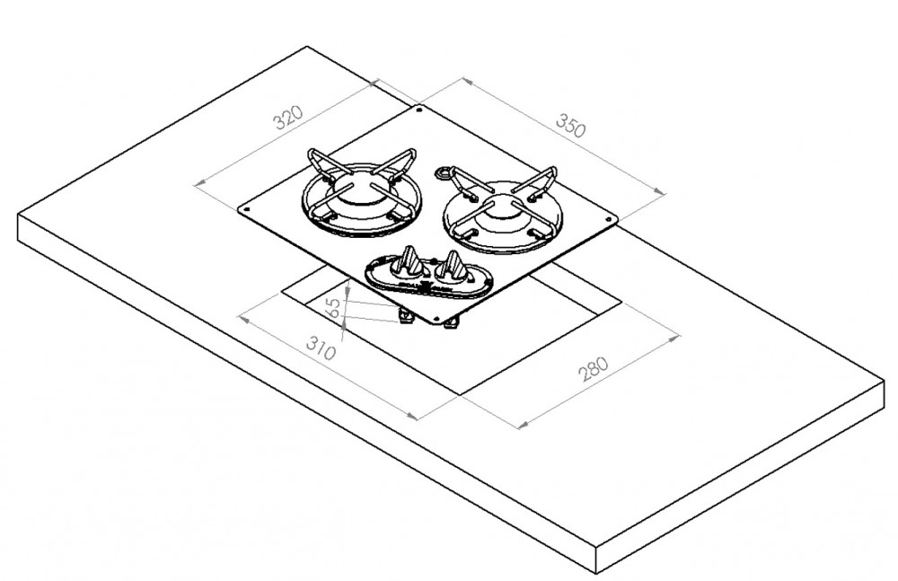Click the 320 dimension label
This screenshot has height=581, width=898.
pyautogui.click(x=288, y=117)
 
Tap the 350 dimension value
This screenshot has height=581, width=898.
pyautogui.click(x=571, y=126)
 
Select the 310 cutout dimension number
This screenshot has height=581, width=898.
pyautogui.click(x=321, y=348)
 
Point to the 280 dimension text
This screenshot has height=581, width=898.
pyautogui.click(x=594, y=369)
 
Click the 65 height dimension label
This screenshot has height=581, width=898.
pyautogui.click(x=333, y=310)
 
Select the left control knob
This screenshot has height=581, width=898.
pyautogui.click(x=408, y=261)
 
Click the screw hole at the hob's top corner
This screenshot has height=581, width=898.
pyautogui.click(x=419, y=110)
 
